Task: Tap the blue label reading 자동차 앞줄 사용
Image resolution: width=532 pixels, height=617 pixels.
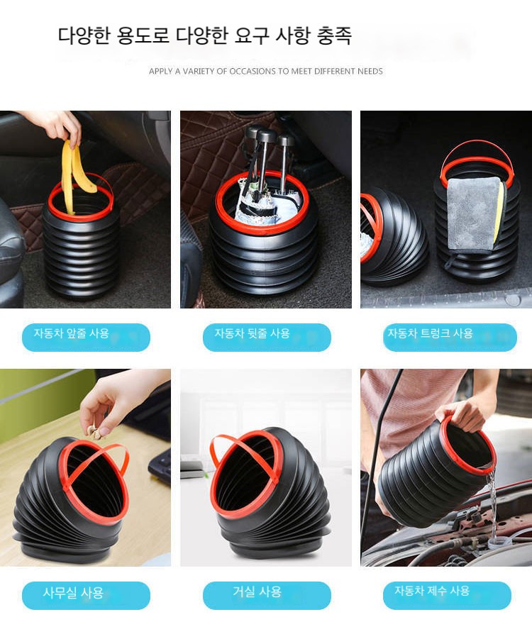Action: click(x=86, y=338)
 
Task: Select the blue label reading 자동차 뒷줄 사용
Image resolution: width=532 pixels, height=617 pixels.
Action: click(x=267, y=338)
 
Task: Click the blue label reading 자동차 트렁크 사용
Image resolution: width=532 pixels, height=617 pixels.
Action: click(x=450, y=338)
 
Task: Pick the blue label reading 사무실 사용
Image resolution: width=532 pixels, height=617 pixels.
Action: click(x=86, y=595)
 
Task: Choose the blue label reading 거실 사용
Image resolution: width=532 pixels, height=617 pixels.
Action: click(x=267, y=595)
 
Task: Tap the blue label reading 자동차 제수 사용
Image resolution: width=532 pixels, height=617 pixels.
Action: click(x=447, y=595)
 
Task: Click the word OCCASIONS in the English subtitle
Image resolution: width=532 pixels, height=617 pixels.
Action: click(x=253, y=71)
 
